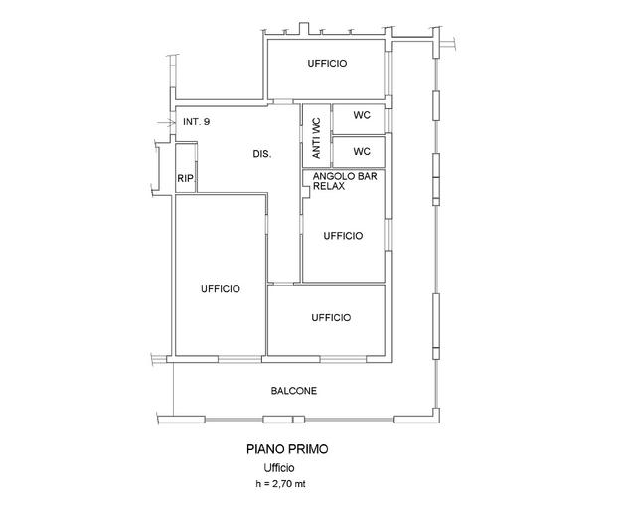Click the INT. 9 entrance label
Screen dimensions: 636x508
[x=197, y=121]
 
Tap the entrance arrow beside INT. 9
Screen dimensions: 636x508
[x=164, y=122]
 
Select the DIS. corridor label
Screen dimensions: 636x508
[x=262, y=154]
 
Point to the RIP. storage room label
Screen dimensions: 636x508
[x=186, y=178]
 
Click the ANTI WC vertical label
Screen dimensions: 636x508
[x=316, y=138]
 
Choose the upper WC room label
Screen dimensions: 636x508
[x=362, y=115]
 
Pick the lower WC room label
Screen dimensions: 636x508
[x=362, y=152]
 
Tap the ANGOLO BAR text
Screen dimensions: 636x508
[x=345, y=176]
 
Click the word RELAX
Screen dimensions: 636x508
[x=329, y=186]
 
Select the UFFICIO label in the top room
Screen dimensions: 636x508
[x=327, y=64]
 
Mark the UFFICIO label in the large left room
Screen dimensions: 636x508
[x=221, y=289]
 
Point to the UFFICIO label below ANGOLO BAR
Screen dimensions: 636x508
[x=343, y=236]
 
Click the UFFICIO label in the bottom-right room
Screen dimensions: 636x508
[x=331, y=317]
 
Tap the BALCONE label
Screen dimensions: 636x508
[x=294, y=391]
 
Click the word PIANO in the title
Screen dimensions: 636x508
[x=265, y=449]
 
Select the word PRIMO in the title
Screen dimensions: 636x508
[x=308, y=449]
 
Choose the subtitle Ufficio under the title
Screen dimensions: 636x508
[x=279, y=468]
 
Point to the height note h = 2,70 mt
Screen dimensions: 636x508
[x=280, y=484]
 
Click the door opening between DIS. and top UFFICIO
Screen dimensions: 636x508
[x=283, y=101]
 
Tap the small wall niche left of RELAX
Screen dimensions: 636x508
[x=306, y=192]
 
